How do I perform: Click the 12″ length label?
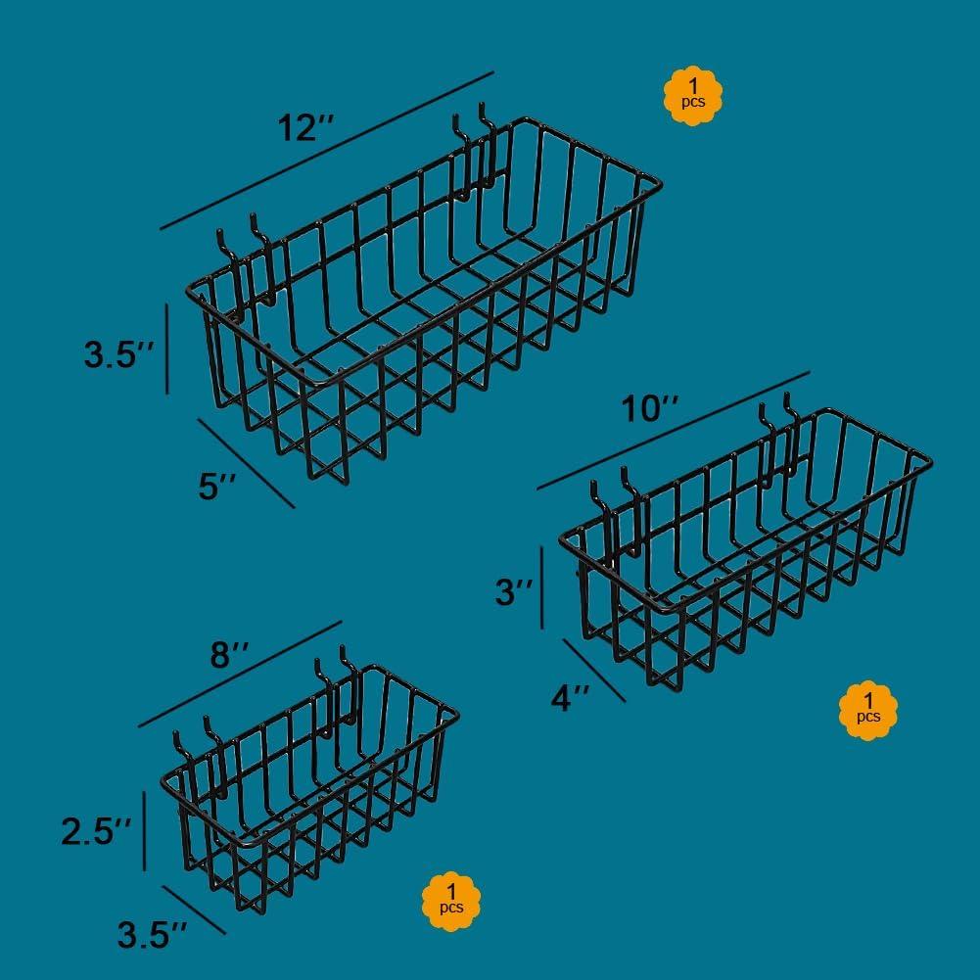click(x=306, y=128)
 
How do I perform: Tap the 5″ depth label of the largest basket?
click(x=217, y=487)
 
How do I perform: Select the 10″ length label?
click(x=649, y=409)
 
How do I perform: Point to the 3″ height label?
click(x=514, y=591)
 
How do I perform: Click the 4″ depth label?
click(x=570, y=697)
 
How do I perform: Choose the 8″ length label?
click(x=229, y=656)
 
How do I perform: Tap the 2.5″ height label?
click(x=96, y=832)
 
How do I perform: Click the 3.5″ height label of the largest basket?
click(x=118, y=354)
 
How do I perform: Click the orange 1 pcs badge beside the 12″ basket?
click(x=692, y=96)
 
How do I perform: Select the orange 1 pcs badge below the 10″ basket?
click(x=868, y=711)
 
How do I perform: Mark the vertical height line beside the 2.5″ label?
click(x=144, y=830)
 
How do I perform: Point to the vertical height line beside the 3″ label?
click(x=541, y=587)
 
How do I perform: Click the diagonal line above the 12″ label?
click(x=327, y=151)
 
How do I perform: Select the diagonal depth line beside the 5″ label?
click(x=247, y=463)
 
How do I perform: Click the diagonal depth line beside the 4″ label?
click(x=594, y=670)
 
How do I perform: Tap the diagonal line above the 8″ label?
click(x=240, y=674)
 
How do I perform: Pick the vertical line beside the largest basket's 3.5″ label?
click(x=166, y=349)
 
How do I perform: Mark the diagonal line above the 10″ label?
click(x=674, y=431)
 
